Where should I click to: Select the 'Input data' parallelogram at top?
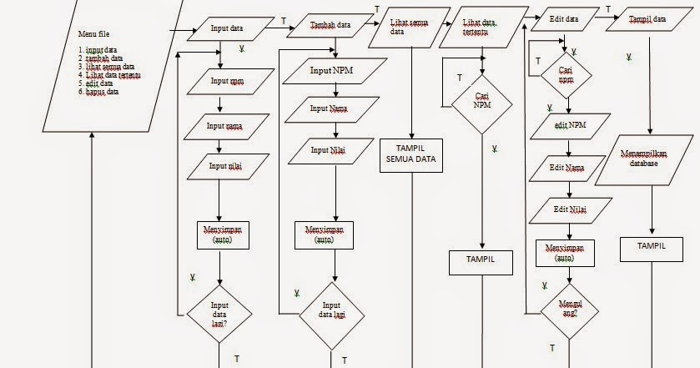(x=226, y=29)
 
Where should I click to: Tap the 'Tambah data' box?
(x=330, y=26)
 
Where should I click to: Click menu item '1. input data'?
(x=98, y=50)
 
